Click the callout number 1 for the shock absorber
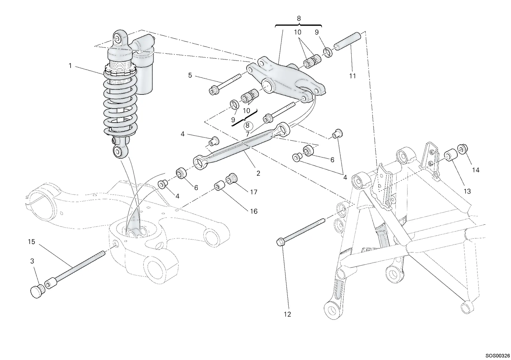pos(70,66)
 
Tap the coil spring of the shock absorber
pos(120,102)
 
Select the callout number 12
pos(287,314)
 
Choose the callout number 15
pos(32,242)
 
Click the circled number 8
pos(248,125)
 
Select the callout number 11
pos(353,76)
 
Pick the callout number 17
pos(254,192)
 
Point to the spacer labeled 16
pos(219,186)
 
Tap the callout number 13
pos(467,191)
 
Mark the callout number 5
pos(190,75)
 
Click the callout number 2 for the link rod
pos(258,174)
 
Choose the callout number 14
pos(476,170)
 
